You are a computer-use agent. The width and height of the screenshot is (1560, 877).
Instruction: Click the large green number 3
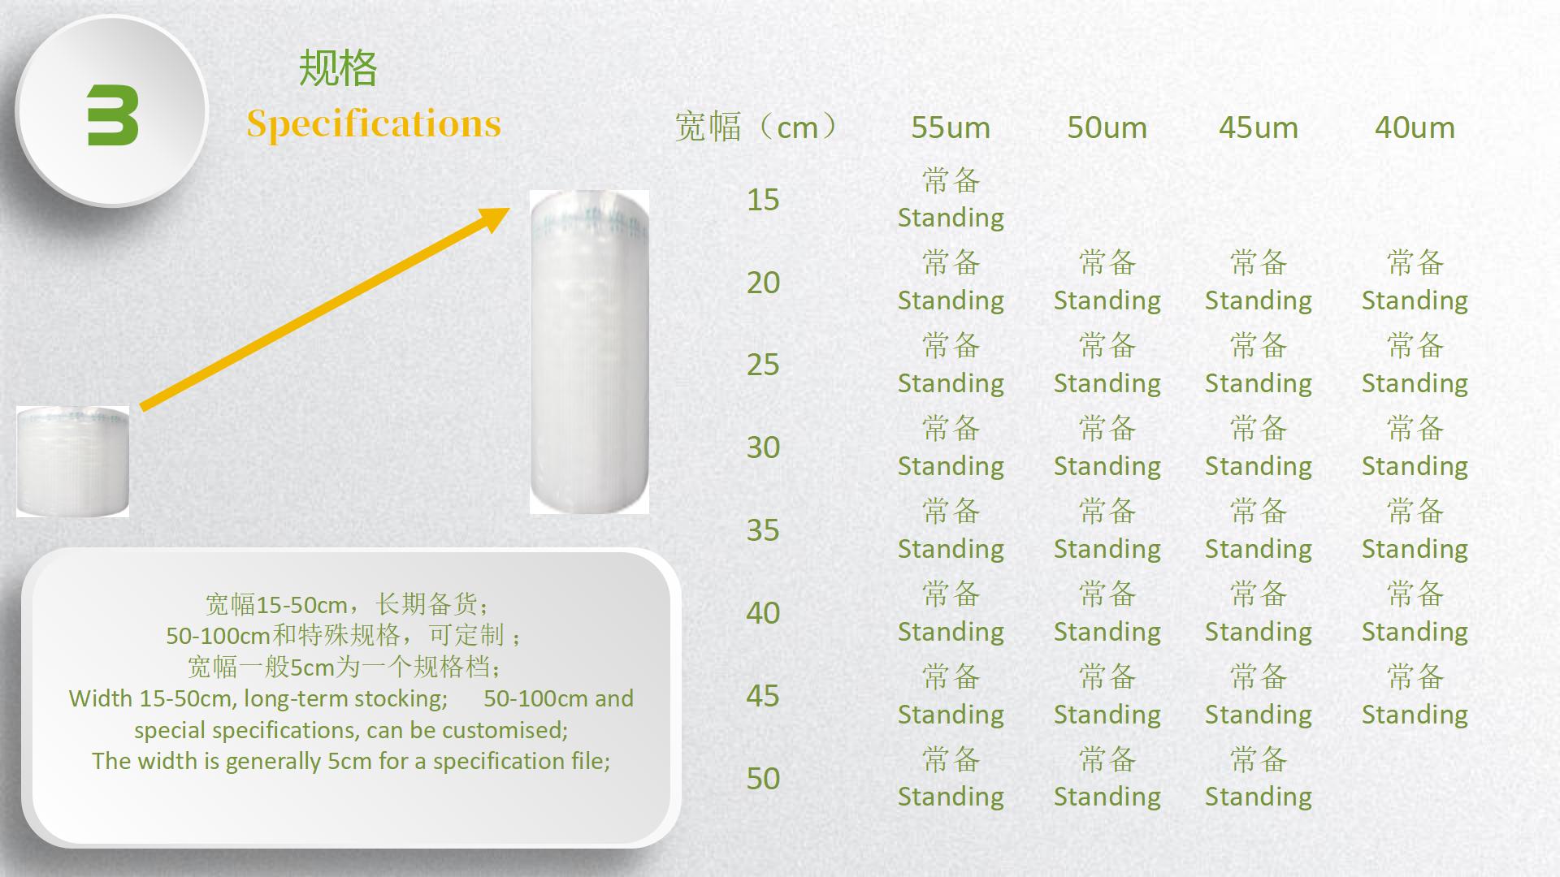point(113,115)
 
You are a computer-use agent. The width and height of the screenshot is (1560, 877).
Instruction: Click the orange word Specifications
point(374,124)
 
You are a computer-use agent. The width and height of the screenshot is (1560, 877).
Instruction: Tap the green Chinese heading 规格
point(338,68)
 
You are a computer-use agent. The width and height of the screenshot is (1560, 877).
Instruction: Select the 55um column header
point(951,127)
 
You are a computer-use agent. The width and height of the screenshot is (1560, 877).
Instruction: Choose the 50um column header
point(1107,127)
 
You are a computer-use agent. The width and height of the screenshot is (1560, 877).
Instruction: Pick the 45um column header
point(1258,127)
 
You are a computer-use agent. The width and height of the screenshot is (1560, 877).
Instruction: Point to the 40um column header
point(1415,127)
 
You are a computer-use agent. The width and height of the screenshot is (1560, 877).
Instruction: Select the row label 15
point(763,200)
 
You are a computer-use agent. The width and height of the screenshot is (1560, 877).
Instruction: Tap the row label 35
point(763,530)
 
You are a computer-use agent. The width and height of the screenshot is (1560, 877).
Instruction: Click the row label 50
point(763,779)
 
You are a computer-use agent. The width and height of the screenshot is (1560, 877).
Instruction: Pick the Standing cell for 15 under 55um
point(951,199)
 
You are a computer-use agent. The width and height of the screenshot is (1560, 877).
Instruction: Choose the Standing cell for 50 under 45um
point(1258,778)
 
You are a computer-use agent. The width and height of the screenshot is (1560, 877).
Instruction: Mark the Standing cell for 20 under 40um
point(1415,282)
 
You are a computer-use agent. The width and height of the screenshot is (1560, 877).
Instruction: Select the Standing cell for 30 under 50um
point(1107,447)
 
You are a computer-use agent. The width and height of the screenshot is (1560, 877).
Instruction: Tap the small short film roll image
point(72,461)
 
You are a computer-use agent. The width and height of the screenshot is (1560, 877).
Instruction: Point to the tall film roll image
point(589,352)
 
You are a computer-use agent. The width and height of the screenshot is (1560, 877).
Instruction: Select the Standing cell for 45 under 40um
point(1415,696)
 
